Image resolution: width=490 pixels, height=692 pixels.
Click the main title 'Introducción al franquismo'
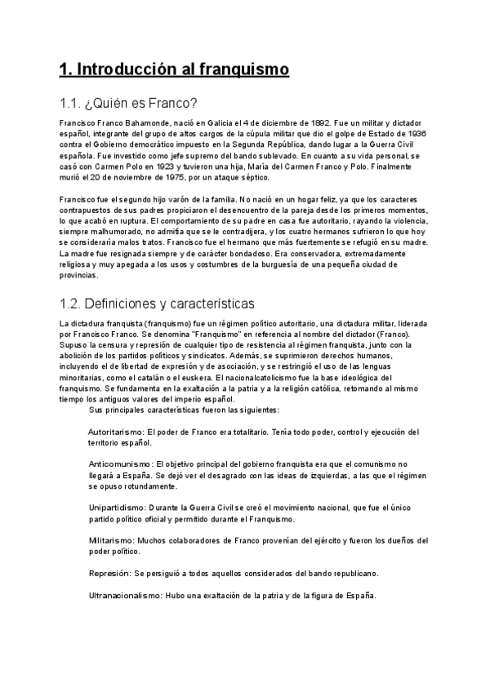[174, 69]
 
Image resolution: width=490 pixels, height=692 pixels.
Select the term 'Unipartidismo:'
[118, 508]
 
